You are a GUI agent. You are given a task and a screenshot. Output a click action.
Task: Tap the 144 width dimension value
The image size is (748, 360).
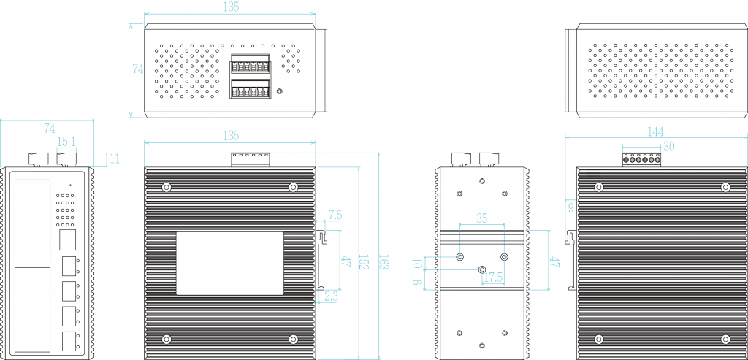coord(655,131)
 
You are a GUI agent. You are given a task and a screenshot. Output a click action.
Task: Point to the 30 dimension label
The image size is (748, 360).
coord(668,146)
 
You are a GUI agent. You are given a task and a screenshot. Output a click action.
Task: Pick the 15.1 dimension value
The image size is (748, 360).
coord(66,141)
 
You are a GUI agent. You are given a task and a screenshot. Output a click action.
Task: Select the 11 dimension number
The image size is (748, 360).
coord(115,158)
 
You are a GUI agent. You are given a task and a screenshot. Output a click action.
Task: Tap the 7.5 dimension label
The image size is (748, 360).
coord(335,215)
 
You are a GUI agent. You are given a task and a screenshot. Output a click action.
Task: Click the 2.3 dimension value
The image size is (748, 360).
coord(331,296)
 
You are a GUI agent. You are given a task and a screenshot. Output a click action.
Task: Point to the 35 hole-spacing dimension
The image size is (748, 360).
coord(481,218)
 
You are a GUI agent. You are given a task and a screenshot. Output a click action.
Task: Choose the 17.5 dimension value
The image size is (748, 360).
coord(493,278)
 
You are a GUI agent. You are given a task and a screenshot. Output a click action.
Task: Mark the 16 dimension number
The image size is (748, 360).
coord(417,277)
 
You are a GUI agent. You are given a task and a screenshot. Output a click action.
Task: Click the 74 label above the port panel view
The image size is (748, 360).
coord(50,129)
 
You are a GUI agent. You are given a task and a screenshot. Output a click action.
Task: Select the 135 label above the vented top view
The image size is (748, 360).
coord(230,7)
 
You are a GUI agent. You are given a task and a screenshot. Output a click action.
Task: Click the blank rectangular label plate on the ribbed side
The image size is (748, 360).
coord(230,264)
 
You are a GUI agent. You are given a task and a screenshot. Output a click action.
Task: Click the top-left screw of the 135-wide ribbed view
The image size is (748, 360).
coord(167,187)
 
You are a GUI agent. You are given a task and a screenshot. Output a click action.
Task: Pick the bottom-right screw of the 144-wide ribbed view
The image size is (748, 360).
coord(725,339)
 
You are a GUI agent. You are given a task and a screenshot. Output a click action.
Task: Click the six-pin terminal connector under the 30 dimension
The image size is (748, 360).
coord(641,158)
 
